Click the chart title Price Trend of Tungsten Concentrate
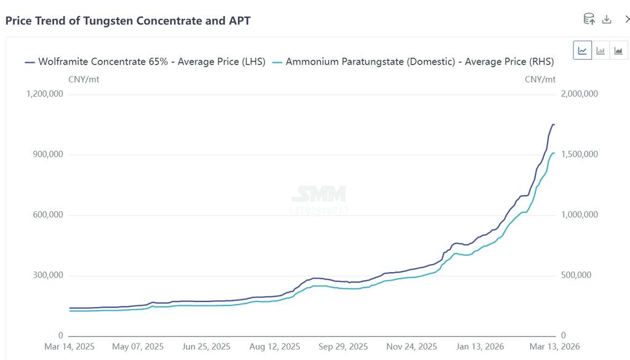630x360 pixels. (x=128, y=20)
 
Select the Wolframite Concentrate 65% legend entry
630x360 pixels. (x=145, y=62)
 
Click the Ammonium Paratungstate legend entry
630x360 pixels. (x=413, y=62)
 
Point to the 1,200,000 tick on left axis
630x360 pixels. (x=44, y=94)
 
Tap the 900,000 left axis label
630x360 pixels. (x=48, y=154)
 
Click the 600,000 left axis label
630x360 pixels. (x=48, y=215)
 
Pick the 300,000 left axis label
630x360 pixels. (x=48, y=275)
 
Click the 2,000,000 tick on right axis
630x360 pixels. (x=580, y=94)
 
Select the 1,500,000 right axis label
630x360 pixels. (x=580, y=154)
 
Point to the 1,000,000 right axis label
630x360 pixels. (x=580, y=215)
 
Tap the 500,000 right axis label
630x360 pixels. (x=576, y=275)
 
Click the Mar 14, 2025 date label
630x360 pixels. (x=70, y=347)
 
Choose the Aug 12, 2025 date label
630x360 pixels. (x=275, y=347)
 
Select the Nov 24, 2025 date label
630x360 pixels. (x=412, y=347)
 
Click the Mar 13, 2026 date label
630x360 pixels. (x=554, y=347)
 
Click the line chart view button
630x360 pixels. (x=583, y=50)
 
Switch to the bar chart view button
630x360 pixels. (x=600, y=50)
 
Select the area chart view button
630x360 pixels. (x=618, y=50)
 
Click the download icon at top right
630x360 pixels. (x=607, y=19)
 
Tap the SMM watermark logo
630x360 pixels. (x=318, y=194)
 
